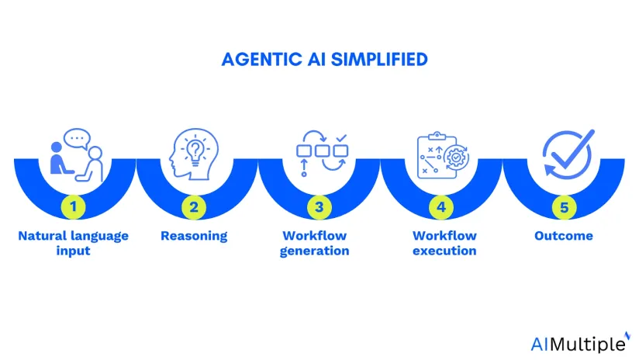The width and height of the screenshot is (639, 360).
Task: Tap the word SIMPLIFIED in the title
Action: [379, 60]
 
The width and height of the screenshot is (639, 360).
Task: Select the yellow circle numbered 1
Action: [74, 206]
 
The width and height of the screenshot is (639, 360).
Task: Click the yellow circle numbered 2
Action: [194, 207]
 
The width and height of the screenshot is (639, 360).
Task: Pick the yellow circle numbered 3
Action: [319, 207]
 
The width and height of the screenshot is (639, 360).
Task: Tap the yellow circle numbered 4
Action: [441, 207]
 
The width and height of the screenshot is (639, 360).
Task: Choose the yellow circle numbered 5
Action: [564, 207]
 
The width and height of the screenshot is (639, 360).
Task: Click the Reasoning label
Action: [194, 236]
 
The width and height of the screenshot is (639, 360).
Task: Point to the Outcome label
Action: [564, 236]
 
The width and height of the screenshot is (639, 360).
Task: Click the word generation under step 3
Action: [314, 251]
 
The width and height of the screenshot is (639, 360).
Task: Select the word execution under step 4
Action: [444, 251]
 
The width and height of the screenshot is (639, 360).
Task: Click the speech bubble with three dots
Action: [77, 139]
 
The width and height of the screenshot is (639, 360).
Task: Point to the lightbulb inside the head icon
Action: [195, 151]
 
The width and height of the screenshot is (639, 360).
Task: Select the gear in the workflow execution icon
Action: [457, 157]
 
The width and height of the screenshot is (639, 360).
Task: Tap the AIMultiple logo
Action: [580, 343]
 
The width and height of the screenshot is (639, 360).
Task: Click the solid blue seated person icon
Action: [60, 158]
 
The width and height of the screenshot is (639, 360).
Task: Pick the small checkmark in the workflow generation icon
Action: [341, 138]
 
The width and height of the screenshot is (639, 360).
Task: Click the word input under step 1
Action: [74, 251]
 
